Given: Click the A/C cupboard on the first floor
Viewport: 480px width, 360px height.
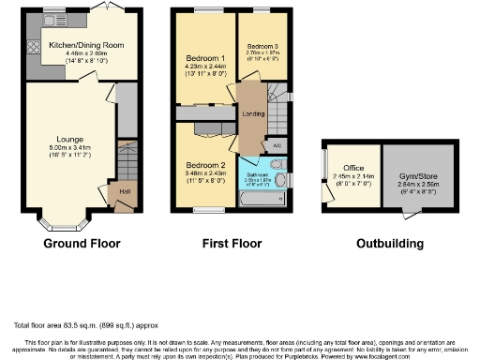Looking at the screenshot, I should point(277,147).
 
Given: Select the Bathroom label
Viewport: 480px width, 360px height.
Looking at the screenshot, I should point(258,174).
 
